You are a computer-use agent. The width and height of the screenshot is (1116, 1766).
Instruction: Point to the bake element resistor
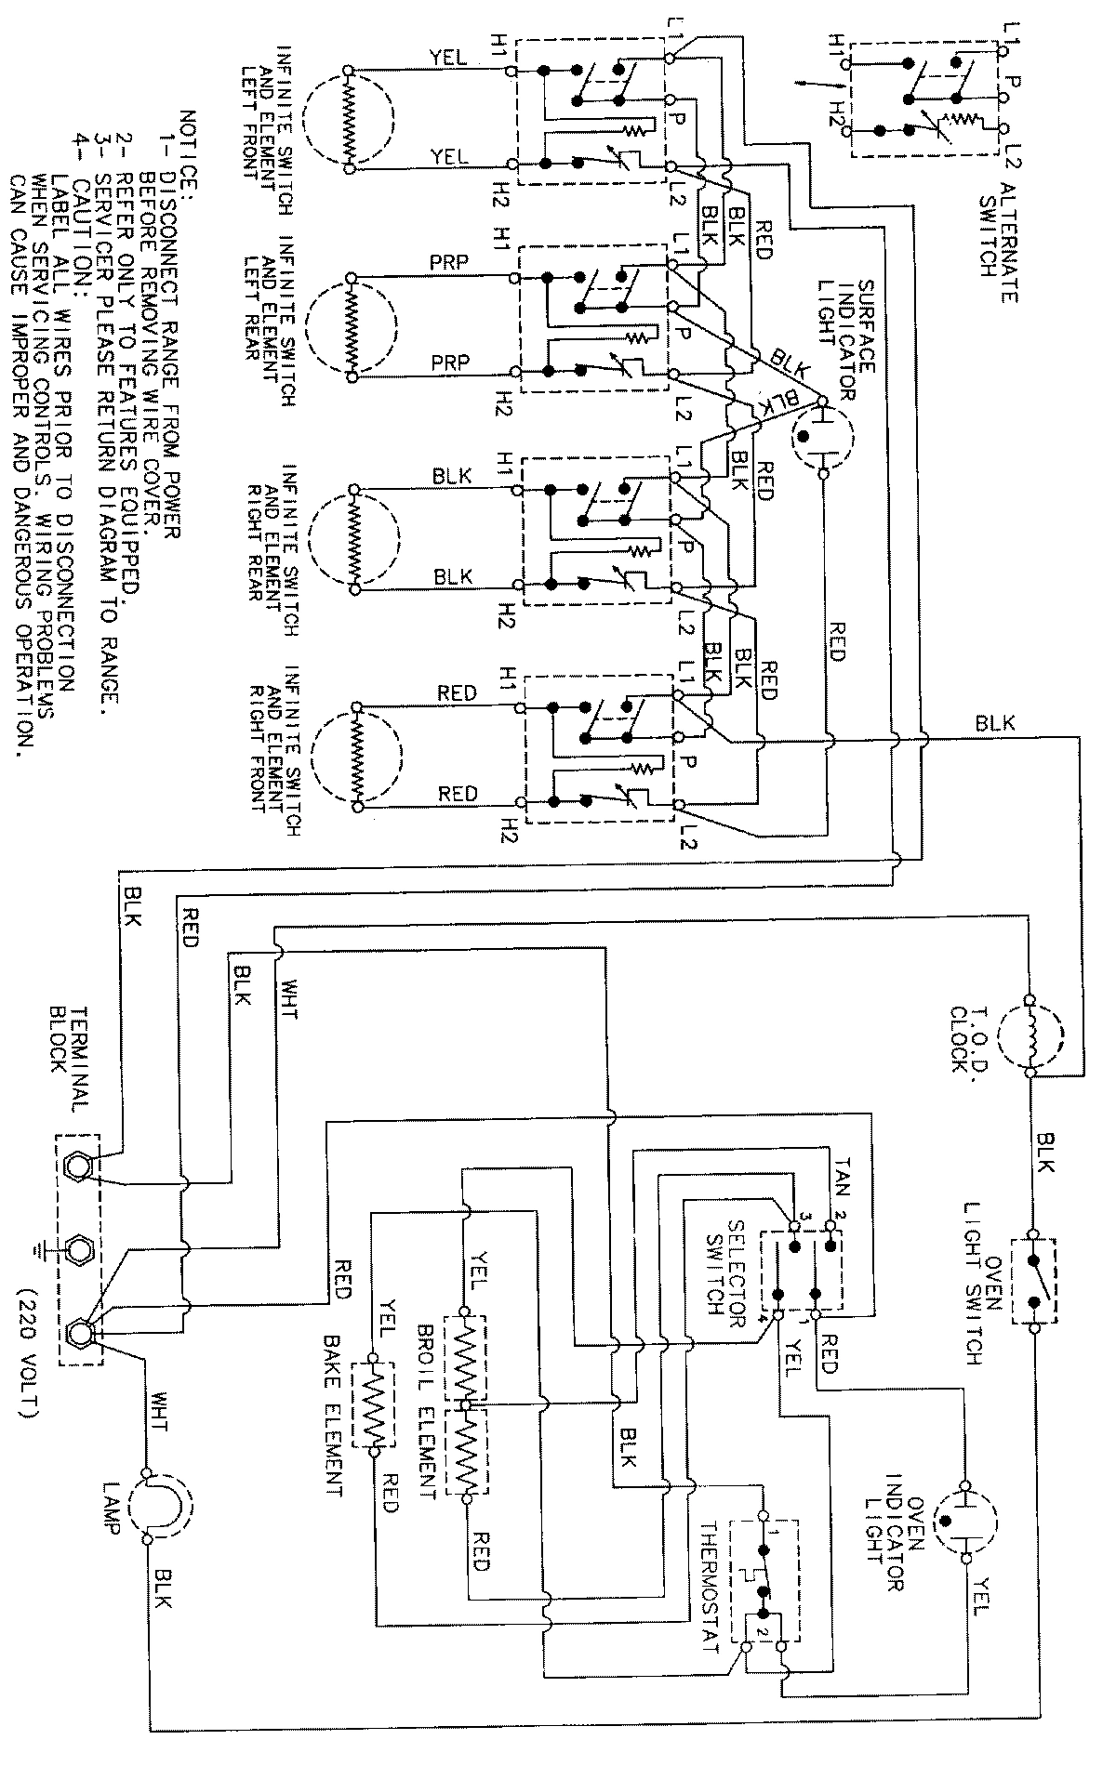pyautogui.click(x=374, y=1398)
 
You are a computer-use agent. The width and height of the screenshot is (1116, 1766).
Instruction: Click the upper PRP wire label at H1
pyautogui.click(x=449, y=263)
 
